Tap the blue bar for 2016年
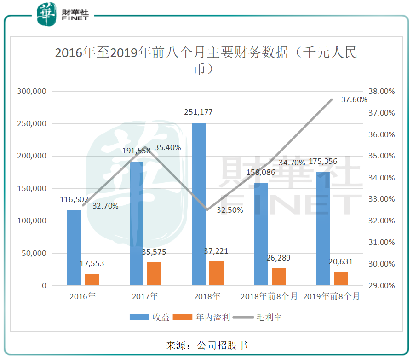[74, 248]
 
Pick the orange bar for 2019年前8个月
[341, 279]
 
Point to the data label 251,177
[199, 112]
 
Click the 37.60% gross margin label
[354, 99]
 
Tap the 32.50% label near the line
[230, 210]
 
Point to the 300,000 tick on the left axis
[31, 91]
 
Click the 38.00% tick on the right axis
[382, 91]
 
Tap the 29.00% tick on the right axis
[382, 285]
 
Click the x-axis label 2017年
[145, 296]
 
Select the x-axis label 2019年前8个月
[331, 296]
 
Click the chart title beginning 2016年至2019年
[206, 60]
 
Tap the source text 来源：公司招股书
[206, 345]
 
